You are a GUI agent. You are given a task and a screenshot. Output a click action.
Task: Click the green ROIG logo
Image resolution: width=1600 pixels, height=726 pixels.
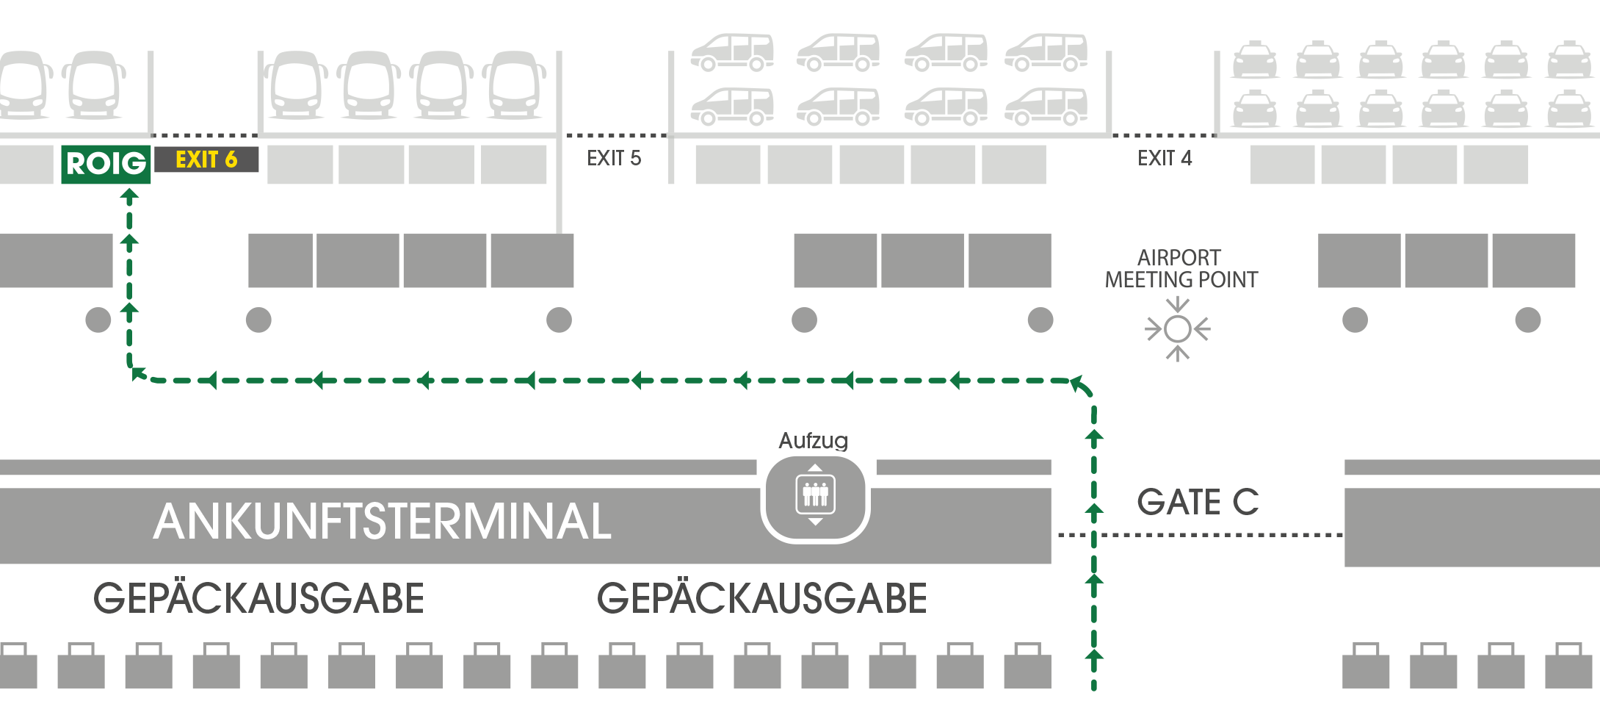point(106,164)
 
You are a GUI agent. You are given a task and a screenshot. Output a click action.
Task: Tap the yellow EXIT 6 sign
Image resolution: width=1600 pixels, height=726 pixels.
point(206,159)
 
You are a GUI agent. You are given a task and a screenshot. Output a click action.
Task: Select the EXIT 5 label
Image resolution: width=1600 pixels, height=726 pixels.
point(614,158)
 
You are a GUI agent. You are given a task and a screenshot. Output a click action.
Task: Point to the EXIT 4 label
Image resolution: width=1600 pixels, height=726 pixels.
point(1165,158)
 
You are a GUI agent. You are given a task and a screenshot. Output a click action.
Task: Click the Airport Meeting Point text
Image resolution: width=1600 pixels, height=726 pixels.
point(1181,269)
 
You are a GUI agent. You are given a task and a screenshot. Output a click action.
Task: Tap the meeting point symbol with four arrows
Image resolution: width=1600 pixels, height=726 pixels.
point(1178,329)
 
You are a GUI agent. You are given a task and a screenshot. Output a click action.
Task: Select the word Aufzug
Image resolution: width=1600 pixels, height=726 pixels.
point(814,441)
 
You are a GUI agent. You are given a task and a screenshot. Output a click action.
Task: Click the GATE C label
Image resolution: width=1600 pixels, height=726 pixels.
point(1198,503)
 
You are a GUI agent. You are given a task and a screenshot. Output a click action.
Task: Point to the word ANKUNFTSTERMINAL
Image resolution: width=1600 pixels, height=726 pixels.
point(383,522)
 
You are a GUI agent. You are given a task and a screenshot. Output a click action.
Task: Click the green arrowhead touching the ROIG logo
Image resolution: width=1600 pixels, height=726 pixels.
point(129,195)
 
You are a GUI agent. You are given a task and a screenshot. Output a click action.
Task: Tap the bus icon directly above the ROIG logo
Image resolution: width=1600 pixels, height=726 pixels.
point(94,85)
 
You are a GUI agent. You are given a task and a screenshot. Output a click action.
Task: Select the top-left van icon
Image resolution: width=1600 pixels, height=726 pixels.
point(732,52)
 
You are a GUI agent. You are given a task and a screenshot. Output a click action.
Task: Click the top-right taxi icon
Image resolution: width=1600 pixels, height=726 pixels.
point(1569,60)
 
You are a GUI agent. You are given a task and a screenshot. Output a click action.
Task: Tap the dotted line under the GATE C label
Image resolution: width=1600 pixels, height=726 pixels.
point(1201,535)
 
